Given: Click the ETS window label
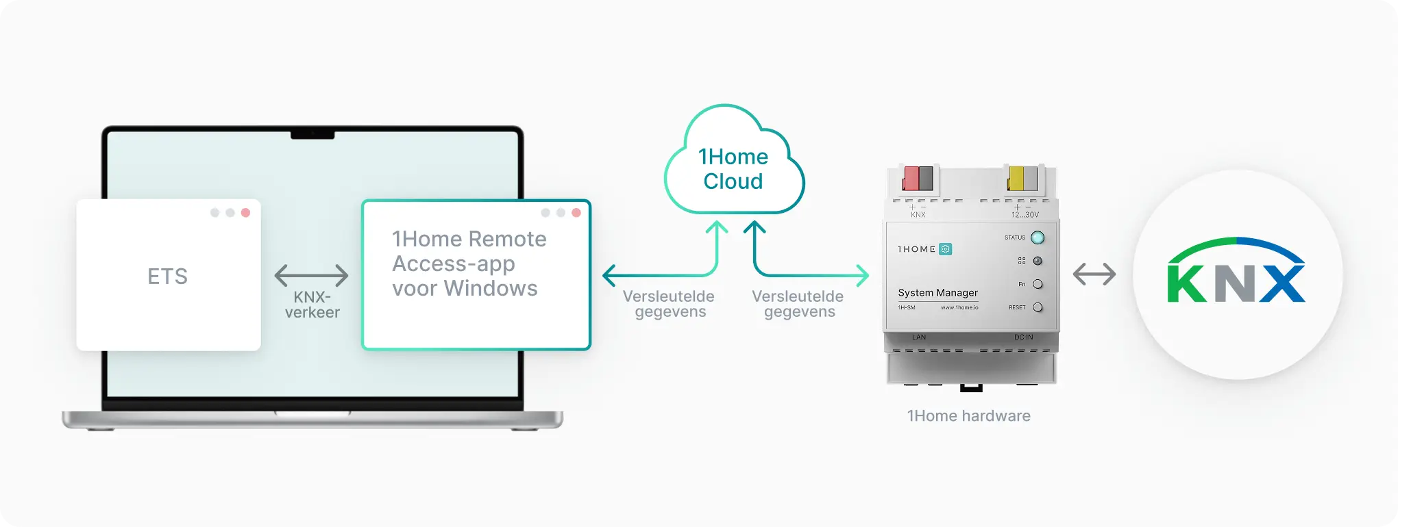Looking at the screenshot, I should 167,277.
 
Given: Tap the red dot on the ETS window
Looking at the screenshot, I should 245,213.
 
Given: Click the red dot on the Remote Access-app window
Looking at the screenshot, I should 576,213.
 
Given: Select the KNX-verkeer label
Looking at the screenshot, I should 312,305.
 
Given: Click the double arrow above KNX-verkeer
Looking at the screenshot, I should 311,275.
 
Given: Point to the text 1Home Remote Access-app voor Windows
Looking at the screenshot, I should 469,263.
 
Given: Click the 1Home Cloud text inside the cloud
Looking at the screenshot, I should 733,169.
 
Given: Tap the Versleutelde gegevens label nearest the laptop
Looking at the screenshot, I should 669,304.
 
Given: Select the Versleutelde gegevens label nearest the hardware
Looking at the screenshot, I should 798,304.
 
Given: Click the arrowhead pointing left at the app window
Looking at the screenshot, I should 608,275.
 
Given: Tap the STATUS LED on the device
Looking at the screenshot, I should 1038,237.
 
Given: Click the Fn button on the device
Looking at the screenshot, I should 1038,284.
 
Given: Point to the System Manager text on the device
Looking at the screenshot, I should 937,292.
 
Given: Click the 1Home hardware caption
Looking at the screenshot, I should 968,415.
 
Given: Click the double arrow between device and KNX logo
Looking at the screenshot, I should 1094,274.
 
